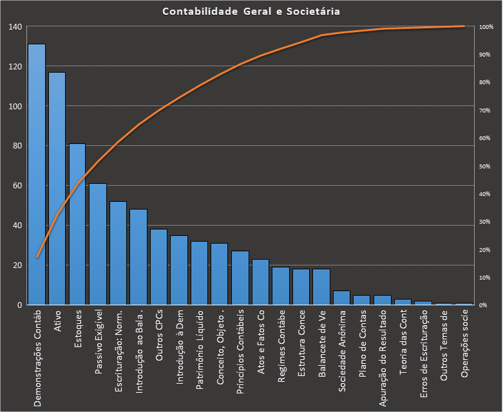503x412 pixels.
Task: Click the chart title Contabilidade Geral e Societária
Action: pyautogui.click(x=251, y=12)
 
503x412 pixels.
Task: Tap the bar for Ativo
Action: pyautogui.click(x=57, y=189)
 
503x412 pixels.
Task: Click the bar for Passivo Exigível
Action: pyautogui.click(x=98, y=244)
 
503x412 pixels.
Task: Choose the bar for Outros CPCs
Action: pyautogui.click(x=159, y=267)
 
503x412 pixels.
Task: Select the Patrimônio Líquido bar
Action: pyautogui.click(x=200, y=273)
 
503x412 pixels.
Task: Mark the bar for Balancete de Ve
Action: pyautogui.click(x=321, y=287)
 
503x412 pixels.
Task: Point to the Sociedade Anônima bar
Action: pyautogui.click(x=342, y=298)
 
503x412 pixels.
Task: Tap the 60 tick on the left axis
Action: pyautogui.click(x=17, y=186)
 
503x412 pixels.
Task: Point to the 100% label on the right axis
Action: pyautogui.click(x=486, y=27)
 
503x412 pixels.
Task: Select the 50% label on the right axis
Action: pyautogui.click(x=485, y=166)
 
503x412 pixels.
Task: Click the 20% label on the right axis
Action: pyautogui.click(x=485, y=249)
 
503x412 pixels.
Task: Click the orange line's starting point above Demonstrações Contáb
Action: pyautogui.click(x=37, y=257)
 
